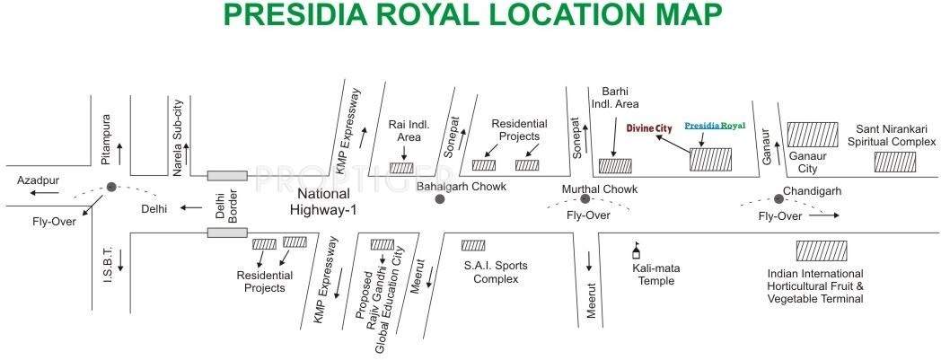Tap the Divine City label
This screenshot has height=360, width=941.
[649, 128]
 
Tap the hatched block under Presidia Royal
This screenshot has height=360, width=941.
[710, 160]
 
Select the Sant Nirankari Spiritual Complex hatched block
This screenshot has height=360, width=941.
[895, 162]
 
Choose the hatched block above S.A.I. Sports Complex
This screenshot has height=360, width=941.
[473, 245]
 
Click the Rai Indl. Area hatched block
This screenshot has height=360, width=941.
[401, 167]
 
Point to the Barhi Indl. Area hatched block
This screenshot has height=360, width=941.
[615, 165]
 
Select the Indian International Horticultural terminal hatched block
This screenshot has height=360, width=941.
[821, 250]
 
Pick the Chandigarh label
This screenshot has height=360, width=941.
[812, 191]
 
